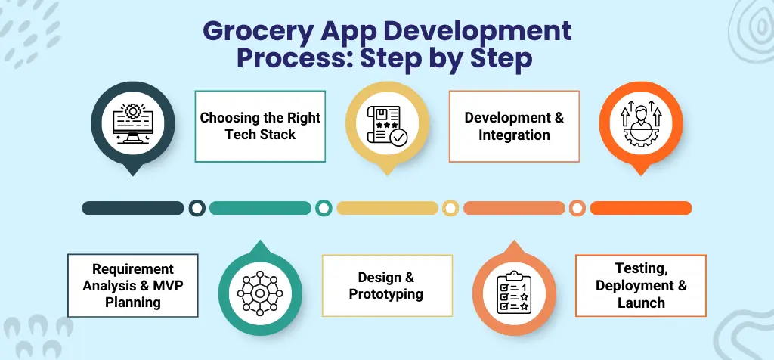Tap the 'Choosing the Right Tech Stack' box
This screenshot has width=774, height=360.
tap(260, 126)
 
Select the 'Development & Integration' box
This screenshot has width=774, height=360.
tap(514, 126)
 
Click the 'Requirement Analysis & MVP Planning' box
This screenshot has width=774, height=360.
tap(133, 285)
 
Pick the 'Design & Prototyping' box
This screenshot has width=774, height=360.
tap(387, 285)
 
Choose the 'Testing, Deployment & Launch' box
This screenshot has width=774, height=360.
tap(641, 285)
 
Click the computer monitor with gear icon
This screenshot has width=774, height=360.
tap(133, 124)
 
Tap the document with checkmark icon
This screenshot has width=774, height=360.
tap(387, 124)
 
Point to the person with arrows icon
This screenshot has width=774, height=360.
tap(641, 124)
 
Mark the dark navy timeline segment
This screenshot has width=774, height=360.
tap(133, 208)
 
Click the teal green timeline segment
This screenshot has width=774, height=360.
tap(260, 208)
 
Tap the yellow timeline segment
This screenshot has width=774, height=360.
tap(387, 208)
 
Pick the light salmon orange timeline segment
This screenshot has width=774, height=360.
tap(514, 208)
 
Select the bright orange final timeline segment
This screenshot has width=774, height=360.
tap(641, 208)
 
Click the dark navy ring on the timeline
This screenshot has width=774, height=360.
tap(197, 208)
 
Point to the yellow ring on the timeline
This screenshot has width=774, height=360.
tap(450, 208)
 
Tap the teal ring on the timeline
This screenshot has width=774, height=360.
tap(324, 208)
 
